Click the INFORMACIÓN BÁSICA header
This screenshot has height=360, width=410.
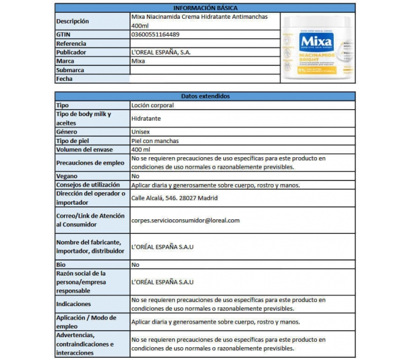[205, 8]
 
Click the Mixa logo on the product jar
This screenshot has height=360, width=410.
[316, 42]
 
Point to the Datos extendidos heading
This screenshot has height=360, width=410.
[205, 96]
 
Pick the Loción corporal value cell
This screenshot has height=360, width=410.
[153, 106]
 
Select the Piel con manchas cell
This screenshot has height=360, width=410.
[155, 141]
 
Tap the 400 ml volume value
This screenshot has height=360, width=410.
[141, 150]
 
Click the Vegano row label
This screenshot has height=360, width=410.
[67, 176]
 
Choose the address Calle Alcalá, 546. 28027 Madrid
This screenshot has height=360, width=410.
[175, 198]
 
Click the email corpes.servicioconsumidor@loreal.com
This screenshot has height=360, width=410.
[186, 220]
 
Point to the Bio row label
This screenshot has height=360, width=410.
[61, 265]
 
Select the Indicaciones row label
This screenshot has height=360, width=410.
[74, 304]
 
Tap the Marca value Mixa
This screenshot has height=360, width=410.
[138, 61]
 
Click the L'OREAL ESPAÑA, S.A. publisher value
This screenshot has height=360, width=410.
[161, 52]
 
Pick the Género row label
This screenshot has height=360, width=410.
[67, 133]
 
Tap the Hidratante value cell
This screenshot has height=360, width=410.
[146, 118]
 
